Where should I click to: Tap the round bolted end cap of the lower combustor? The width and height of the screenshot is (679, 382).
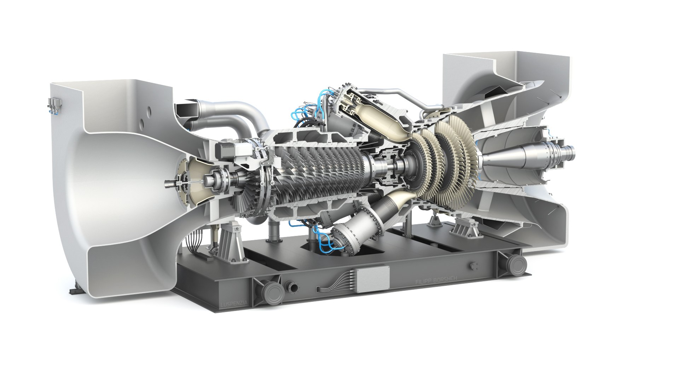(345, 241)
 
